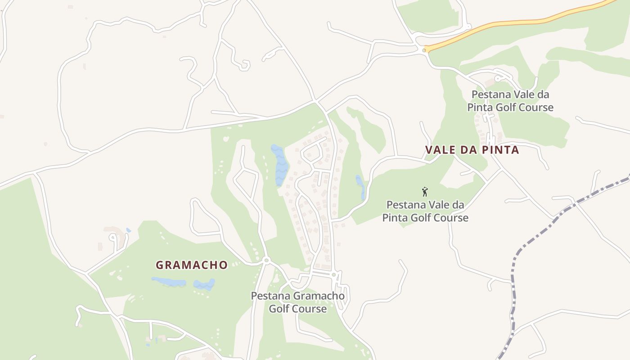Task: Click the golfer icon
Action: pos(425,192)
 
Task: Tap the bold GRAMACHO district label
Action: pos(192,265)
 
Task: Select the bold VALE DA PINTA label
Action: pos(472,150)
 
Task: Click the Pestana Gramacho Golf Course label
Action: pos(298,302)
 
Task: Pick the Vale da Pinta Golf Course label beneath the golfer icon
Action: pos(425,211)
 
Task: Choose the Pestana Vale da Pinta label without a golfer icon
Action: pos(510,101)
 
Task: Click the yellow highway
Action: pos(517,22)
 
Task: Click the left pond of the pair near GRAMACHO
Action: pos(169,282)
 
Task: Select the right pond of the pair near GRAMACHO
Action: pos(204,284)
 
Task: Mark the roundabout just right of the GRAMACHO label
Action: pos(266,260)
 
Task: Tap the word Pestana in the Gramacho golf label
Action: pos(271,296)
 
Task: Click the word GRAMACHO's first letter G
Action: pos(159,265)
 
